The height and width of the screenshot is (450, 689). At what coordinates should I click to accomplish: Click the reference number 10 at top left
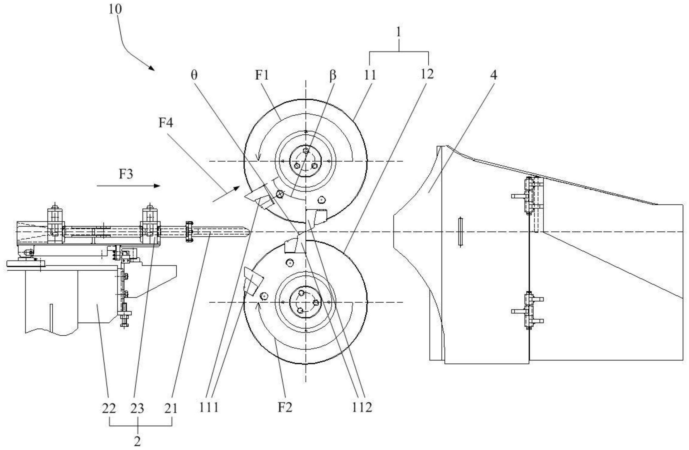[115, 10]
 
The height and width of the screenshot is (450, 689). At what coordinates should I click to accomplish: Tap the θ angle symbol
[194, 75]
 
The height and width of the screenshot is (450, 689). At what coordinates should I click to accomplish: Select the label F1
[262, 75]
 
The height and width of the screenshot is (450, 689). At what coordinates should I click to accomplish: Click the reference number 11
[370, 75]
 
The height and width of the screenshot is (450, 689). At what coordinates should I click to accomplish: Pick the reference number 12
[427, 74]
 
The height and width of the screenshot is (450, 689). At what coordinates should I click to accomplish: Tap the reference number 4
[494, 75]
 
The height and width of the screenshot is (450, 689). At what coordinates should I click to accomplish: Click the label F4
[166, 123]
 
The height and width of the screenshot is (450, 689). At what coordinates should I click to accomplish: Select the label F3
[126, 174]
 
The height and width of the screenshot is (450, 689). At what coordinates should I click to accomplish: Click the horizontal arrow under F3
[129, 186]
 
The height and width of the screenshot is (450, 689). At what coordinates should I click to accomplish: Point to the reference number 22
[109, 409]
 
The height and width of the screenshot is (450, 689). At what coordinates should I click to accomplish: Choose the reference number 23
[137, 409]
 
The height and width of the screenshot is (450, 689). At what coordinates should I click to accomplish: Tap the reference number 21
[171, 409]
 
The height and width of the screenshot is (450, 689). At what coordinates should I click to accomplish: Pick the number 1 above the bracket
[399, 32]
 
